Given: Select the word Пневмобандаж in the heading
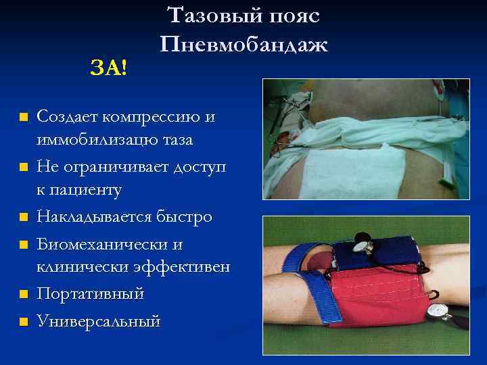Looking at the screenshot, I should [244, 45].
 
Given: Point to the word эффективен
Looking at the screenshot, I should [192, 267].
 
